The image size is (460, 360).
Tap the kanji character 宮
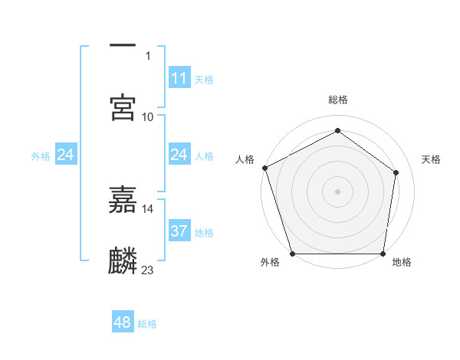tap(123, 106)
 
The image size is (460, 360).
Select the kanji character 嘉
tap(123, 200)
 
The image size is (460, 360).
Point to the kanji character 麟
tap(123, 260)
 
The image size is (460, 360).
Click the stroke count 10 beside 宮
tap(148, 116)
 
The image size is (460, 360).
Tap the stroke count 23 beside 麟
tap(148, 270)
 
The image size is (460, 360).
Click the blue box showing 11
tap(179, 77)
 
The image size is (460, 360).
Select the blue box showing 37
tap(179, 231)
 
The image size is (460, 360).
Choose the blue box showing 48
tap(122, 322)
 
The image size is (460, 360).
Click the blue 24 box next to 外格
tap(65, 155)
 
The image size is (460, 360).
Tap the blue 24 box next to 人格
tap(179, 155)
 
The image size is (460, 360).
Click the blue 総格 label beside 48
tap(147, 324)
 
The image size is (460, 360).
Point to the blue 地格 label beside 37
tap(204, 232)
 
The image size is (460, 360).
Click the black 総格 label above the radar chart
tap(338, 100)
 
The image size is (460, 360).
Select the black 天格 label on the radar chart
tap(432, 159)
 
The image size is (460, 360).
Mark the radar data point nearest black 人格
tap(264, 167)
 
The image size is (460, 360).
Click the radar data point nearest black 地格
tap(383, 254)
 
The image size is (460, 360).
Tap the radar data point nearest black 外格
tap(293, 254)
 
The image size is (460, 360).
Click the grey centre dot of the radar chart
tap(337, 191)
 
